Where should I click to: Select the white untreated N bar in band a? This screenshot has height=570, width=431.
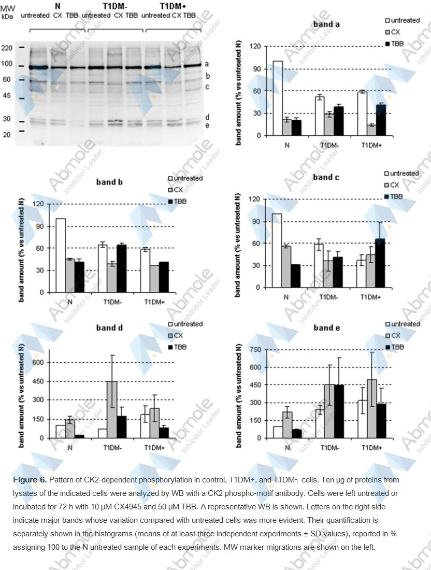pyautogui.click(x=278, y=98)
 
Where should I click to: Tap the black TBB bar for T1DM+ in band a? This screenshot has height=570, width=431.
pyautogui.click(x=381, y=120)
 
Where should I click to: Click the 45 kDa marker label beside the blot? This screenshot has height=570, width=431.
pyautogui.click(x=7, y=95)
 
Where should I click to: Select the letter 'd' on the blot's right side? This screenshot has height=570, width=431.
pyautogui.click(x=207, y=117)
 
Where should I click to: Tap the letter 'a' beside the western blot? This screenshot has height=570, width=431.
pyautogui.click(x=207, y=64)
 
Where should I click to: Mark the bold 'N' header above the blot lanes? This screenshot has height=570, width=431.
pyautogui.click(x=58, y=6)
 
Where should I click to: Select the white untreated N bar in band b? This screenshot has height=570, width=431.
pyautogui.click(x=61, y=255)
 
